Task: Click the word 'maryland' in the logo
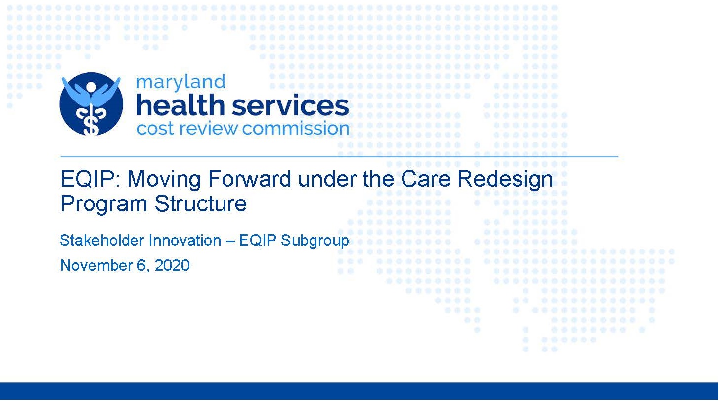coord(180,82)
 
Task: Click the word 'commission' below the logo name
coord(295,128)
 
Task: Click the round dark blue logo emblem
coord(91,104)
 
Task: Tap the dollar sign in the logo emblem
coord(91,124)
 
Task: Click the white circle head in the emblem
coord(91,87)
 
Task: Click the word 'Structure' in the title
coord(201,203)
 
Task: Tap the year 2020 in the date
coord(172,265)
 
